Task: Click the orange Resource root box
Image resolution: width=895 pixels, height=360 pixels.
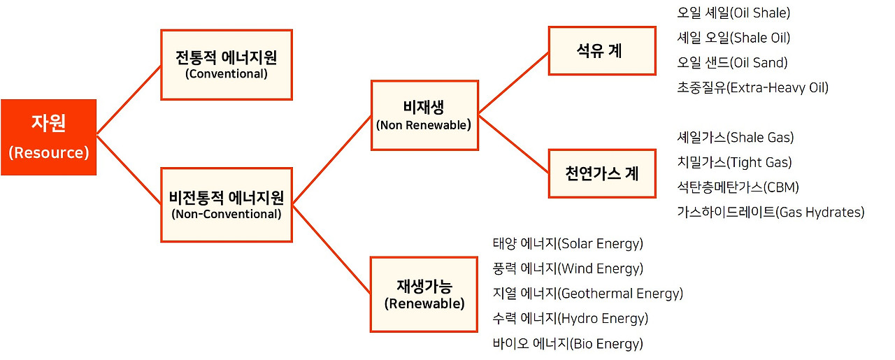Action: click(48, 137)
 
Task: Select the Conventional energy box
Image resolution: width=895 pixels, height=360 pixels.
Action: click(227, 64)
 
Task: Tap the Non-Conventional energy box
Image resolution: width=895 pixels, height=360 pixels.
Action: click(227, 205)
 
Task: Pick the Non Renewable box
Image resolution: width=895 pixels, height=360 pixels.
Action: click(424, 115)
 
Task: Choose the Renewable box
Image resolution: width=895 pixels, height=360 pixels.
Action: click(424, 294)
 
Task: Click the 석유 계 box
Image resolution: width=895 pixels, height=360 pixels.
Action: click(601, 50)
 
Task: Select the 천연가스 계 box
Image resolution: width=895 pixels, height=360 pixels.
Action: click(601, 173)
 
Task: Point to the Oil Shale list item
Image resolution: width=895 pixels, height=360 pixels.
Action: click(733, 13)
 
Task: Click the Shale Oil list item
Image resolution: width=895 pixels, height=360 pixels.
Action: click(733, 38)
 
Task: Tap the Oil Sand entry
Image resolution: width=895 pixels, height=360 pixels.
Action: click(732, 63)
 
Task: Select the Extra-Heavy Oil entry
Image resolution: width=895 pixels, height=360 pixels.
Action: click(752, 88)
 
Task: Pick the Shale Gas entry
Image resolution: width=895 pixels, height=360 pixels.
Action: click(736, 138)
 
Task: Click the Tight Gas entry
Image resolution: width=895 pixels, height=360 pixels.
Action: click(734, 163)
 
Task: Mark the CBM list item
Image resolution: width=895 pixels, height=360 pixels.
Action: click(738, 187)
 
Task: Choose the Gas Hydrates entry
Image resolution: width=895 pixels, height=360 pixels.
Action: click(771, 213)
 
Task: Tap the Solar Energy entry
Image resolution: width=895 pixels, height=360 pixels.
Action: click(568, 244)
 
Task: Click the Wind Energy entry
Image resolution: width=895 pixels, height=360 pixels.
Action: click(568, 269)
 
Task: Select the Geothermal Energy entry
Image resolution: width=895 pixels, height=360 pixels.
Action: click(587, 294)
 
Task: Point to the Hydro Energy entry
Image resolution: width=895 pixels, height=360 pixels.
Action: click(571, 319)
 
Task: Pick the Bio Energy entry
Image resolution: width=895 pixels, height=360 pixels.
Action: click(568, 344)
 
